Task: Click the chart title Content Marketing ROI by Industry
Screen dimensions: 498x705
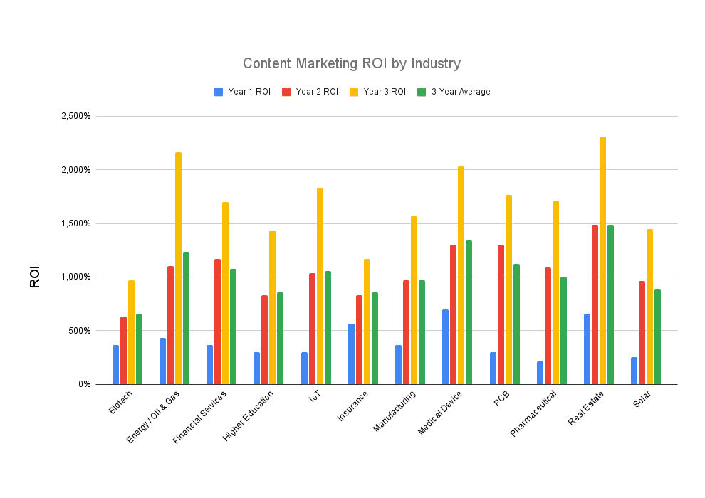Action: click(352, 63)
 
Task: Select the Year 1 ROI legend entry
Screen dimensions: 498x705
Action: click(243, 92)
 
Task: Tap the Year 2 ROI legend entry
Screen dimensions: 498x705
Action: click(310, 92)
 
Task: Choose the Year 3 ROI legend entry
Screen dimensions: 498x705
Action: click(378, 92)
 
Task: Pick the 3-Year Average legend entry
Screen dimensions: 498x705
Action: click(454, 92)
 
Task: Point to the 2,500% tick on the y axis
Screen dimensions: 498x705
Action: click(76, 116)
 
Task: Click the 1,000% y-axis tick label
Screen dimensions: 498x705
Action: click(76, 277)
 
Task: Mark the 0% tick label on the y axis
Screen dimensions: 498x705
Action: click(83, 384)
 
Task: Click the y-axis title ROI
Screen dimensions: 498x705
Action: click(35, 277)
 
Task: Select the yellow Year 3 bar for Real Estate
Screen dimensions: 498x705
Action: click(602, 260)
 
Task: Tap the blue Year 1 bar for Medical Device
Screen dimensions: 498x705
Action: click(446, 346)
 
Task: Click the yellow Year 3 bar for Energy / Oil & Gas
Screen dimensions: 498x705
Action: click(178, 268)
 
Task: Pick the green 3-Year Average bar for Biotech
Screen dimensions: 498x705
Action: click(140, 349)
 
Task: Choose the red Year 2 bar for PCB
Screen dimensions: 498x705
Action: click(501, 314)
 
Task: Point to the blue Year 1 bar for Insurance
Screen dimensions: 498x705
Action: click(351, 354)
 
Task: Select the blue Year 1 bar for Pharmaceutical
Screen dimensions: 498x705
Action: click(540, 373)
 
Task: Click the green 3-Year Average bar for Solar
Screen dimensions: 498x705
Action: click(658, 337)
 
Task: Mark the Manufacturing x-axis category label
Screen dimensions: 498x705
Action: click(392, 411)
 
